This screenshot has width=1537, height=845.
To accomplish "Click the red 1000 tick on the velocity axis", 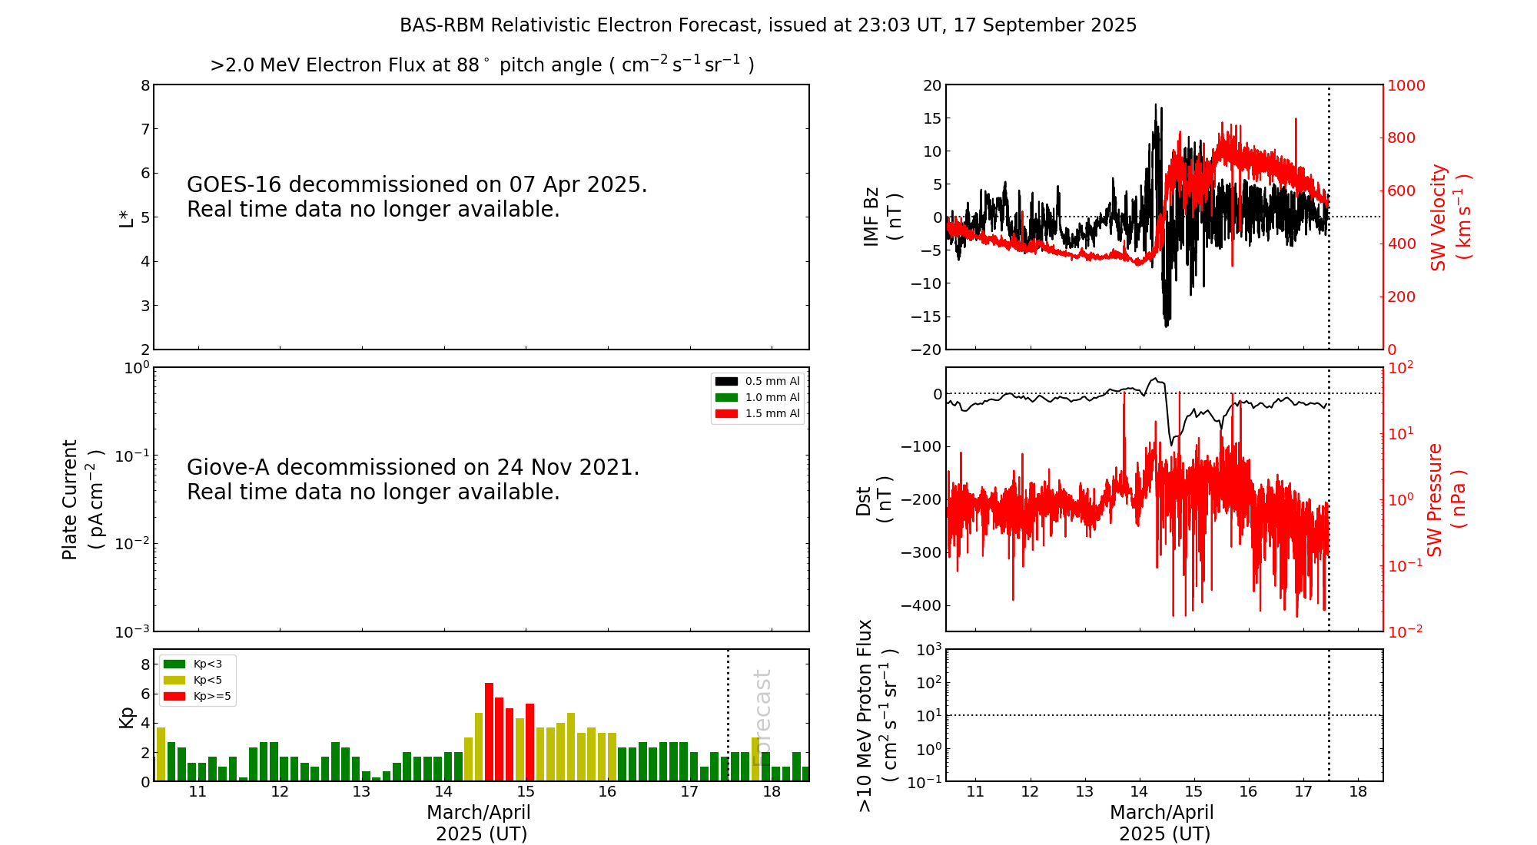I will [x=1406, y=85].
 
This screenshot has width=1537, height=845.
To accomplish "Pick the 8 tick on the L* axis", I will [x=145, y=85].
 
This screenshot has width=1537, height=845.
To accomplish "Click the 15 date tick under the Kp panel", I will [x=526, y=792].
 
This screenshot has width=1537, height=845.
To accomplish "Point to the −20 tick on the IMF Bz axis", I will [x=925, y=350].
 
